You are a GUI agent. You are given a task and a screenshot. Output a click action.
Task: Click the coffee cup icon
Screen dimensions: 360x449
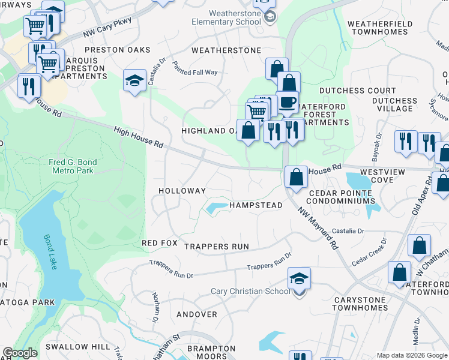coord(287,101)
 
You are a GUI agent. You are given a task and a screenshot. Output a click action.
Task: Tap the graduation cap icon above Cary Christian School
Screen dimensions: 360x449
coord(299,279)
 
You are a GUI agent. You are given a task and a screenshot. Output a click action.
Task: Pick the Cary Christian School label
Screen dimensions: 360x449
coord(250,292)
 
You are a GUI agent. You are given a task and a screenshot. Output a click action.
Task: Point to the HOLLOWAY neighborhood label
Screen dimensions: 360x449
coord(182,191)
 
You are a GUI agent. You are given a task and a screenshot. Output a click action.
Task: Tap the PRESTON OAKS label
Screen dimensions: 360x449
coord(117,50)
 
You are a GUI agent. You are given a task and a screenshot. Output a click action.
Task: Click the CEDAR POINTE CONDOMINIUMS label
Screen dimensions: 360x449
coord(341,197)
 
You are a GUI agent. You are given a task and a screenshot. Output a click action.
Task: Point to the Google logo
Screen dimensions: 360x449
coord(20,353)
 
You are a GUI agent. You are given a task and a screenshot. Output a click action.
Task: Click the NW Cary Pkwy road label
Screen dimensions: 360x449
coord(107,28)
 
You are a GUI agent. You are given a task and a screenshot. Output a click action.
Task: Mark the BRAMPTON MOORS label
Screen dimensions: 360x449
coord(211,352)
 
